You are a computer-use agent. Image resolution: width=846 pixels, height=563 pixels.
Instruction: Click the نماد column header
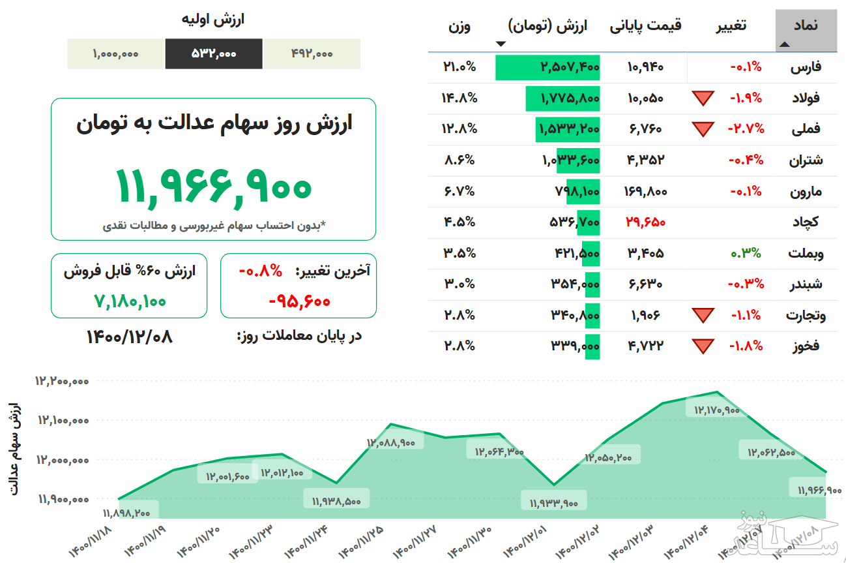pos(806,26)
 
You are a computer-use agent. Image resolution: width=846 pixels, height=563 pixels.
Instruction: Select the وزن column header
pos(459,26)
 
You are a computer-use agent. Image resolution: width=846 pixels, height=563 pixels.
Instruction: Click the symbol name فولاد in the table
pos(805,98)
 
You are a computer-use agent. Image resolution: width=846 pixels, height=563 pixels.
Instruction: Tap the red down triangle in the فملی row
pos(703,129)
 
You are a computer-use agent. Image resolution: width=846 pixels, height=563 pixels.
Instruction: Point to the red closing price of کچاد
pos(645,222)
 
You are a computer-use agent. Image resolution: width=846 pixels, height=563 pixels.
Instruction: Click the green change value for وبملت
pos(746,253)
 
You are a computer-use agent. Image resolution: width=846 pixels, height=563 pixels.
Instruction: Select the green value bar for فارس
pos(547,67)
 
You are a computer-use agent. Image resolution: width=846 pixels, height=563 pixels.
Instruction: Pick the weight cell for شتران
pos(459,160)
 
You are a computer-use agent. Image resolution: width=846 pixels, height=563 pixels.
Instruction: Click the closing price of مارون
pos(645,191)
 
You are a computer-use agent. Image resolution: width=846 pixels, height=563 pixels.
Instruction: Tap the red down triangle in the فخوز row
pos(703,346)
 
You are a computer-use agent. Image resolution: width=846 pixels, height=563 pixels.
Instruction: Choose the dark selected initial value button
pos(214,53)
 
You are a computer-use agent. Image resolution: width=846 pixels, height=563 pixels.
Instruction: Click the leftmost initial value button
pos(115,53)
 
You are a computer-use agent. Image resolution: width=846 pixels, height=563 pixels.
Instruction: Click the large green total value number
pos(214,186)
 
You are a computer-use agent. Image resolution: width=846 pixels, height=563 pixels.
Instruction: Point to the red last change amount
pos(299,301)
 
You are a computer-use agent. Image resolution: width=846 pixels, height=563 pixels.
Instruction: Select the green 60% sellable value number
pos(130,301)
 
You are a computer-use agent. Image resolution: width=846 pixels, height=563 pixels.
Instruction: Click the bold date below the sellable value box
pos(130,337)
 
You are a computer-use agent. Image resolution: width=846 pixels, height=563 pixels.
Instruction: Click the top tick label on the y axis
pos(63,381)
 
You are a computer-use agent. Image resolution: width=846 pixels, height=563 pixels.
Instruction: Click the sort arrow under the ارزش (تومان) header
pos(501,44)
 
